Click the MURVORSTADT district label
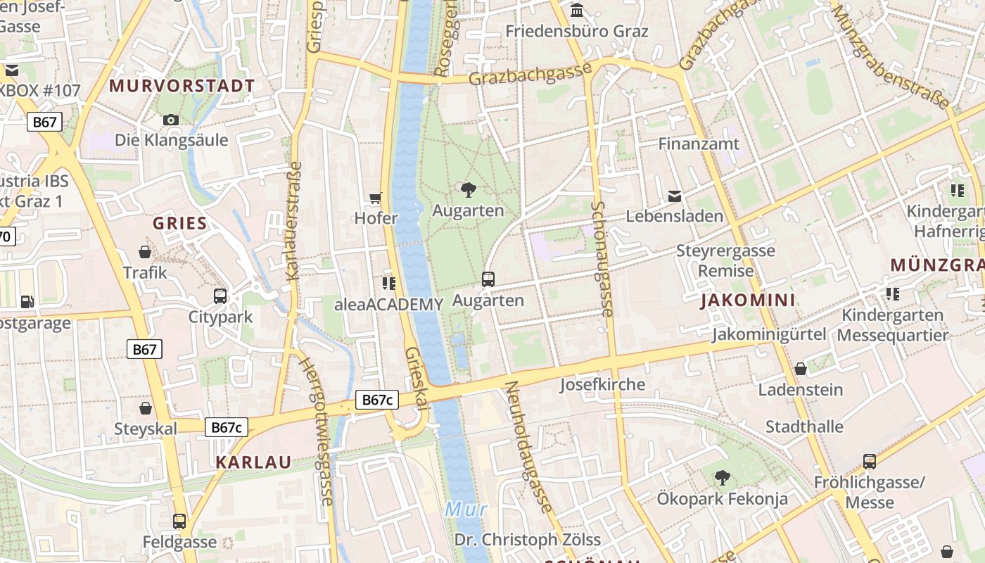click(182, 86)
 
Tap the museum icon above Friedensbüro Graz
click(577, 11)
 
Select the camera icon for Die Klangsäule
click(171, 120)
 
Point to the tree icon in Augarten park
click(468, 189)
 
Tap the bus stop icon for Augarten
click(488, 279)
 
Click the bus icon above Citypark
click(220, 296)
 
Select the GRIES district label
click(180, 224)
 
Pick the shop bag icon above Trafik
click(145, 252)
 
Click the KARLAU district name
click(253, 462)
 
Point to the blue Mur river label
click(466, 508)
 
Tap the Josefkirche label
click(602, 384)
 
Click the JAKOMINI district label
click(747, 301)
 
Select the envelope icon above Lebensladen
click(675, 196)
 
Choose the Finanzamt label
click(699, 144)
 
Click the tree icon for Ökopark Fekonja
click(722, 478)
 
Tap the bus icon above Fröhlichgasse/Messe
click(870, 462)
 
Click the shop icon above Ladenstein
click(801, 369)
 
